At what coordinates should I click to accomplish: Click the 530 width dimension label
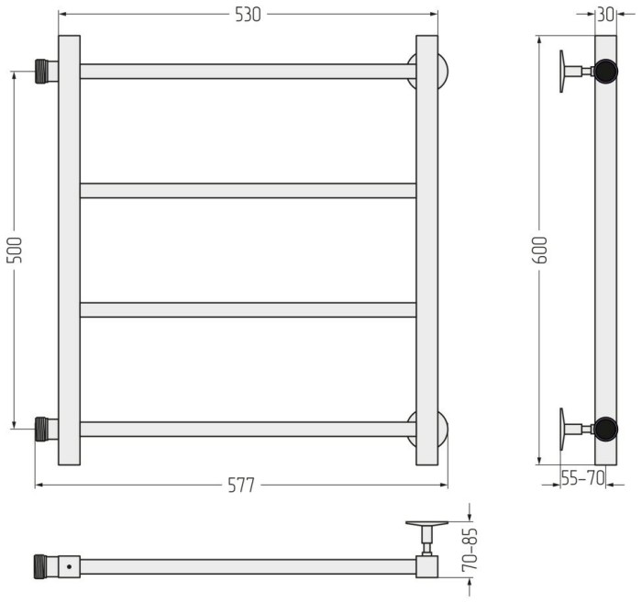248,15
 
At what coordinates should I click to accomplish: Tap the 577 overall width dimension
241,486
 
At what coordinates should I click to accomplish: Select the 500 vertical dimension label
15,250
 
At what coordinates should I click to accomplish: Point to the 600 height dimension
540,250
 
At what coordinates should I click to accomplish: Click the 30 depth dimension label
606,15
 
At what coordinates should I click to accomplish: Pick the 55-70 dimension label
582,477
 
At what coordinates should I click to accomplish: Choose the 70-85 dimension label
470,549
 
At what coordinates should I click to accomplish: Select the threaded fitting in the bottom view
40,566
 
